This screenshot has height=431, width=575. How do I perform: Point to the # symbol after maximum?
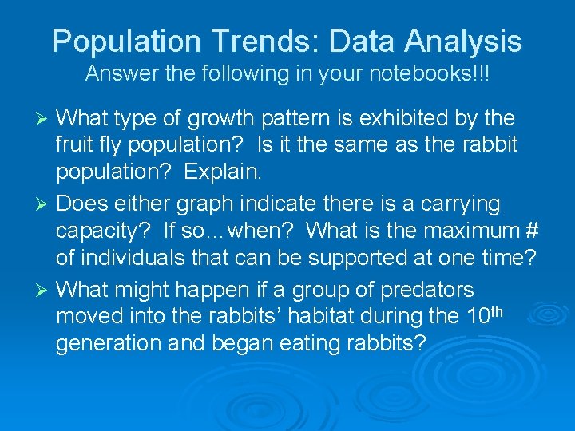click(531, 231)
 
